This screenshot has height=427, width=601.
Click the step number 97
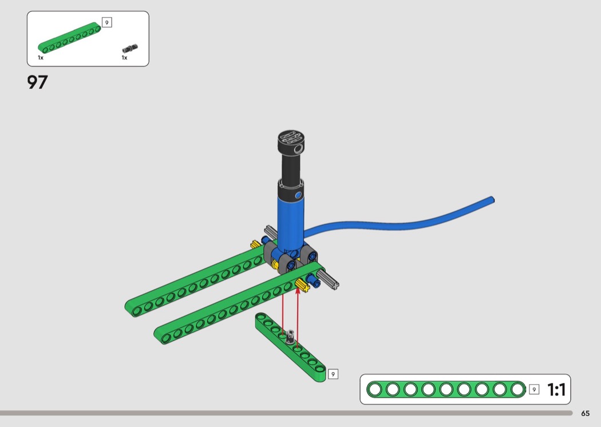[37, 82]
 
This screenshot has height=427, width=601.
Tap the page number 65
[586, 413]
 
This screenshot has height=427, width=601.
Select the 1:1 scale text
[556, 390]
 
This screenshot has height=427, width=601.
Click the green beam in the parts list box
[69, 38]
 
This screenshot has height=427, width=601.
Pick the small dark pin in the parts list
[130, 49]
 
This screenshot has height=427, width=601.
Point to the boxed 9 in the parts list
[107, 23]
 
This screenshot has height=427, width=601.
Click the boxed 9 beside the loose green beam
[333, 374]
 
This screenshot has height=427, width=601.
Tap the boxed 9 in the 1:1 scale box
[534, 389]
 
